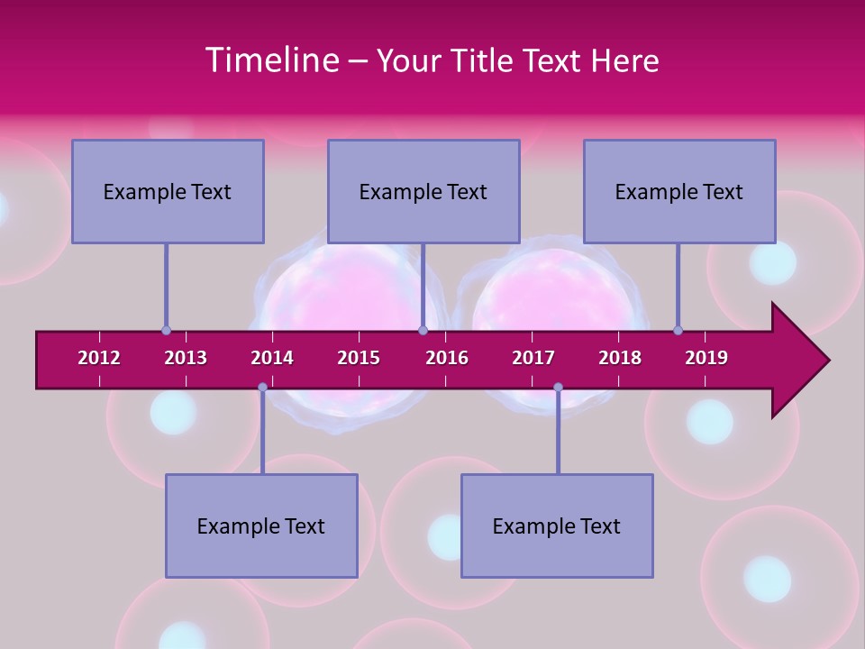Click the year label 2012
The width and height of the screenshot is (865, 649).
(99, 358)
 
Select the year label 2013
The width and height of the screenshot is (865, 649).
(186, 358)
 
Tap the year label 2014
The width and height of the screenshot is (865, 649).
(272, 358)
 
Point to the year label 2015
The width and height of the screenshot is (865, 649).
(359, 358)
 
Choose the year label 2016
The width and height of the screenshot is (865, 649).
(447, 358)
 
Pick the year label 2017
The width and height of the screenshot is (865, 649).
(533, 358)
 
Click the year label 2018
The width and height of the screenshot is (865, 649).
(620, 358)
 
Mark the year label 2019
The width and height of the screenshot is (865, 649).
(706, 358)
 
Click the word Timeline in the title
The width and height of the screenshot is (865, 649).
(271, 60)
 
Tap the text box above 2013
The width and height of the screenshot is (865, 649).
(168, 191)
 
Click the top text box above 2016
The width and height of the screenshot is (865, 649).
(423, 191)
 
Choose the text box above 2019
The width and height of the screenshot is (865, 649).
(679, 191)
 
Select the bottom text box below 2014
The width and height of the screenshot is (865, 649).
(261, 526)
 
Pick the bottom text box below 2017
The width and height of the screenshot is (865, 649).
(557, 526)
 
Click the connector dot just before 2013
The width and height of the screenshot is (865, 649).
(167, 330)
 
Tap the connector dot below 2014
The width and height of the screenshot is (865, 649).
(262, 388)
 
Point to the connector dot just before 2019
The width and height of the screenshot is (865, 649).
(678, 330)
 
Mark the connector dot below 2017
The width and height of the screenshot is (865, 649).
(558, 388)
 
